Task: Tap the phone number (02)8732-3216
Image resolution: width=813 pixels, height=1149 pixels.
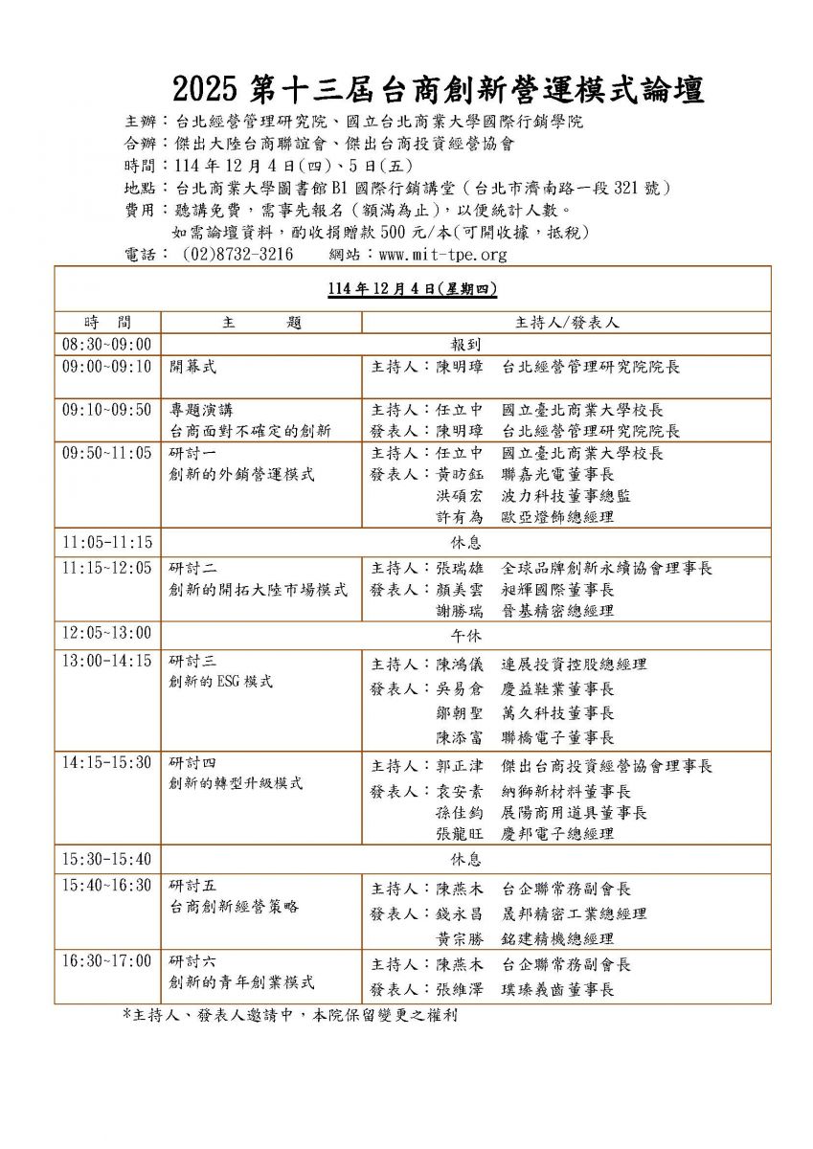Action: pos(236,255)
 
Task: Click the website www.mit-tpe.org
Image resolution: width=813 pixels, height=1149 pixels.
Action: pos(442,255)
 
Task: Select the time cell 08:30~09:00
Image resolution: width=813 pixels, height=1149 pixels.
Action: pos(107,343)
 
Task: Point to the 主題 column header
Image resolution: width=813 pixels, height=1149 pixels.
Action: pos(260,323)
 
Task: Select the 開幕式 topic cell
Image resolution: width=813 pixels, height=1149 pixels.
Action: pos(193,367)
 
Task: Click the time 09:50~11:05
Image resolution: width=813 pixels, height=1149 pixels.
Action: pos(107,453)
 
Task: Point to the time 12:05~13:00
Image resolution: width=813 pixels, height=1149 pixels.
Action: pos(107,633)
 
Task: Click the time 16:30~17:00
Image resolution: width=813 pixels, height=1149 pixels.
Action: pos(107,960)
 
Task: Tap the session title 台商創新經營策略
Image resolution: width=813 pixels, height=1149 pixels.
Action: pos(234,905)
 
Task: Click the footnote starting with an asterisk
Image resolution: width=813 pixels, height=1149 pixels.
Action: pos(289,1015)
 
